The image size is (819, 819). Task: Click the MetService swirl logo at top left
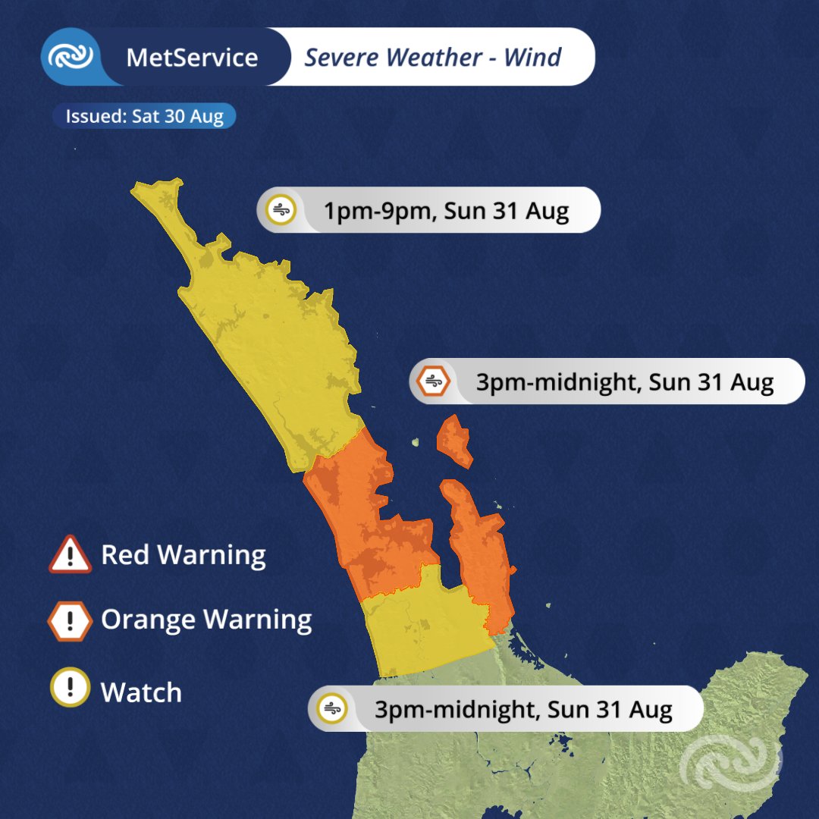point(71,57)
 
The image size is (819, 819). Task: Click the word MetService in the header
point(192,58)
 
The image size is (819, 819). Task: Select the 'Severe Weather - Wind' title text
point(432,58)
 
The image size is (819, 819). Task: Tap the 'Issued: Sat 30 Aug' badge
point(144,117)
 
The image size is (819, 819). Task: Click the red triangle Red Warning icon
point(70,556)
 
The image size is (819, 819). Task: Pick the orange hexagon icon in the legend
point(70,622)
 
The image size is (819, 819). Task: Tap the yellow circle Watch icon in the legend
point(70,688)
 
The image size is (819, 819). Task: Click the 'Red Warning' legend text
point(183,555)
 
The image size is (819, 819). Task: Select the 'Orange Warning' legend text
point(206,620)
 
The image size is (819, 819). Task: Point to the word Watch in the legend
point(141,692)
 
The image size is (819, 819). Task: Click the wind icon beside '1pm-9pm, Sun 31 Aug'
point(281,209)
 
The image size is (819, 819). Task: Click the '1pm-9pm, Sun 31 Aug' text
point(446,211)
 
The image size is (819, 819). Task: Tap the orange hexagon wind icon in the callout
point(433,381)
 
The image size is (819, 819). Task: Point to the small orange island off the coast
point(455,442)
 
